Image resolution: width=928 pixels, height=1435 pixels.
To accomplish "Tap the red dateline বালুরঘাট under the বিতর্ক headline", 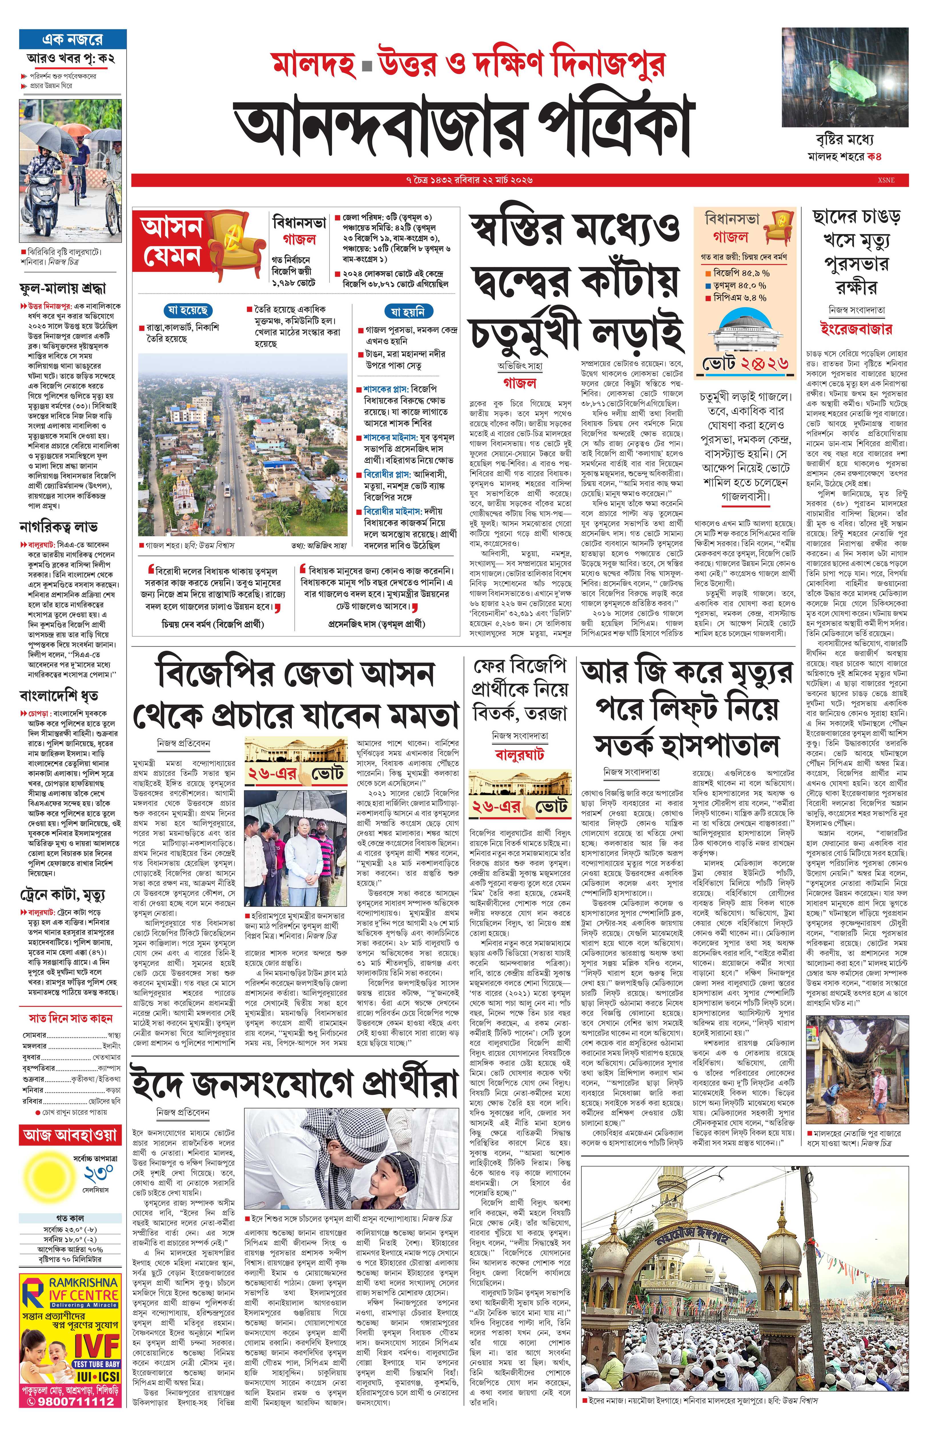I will [519, 754].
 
